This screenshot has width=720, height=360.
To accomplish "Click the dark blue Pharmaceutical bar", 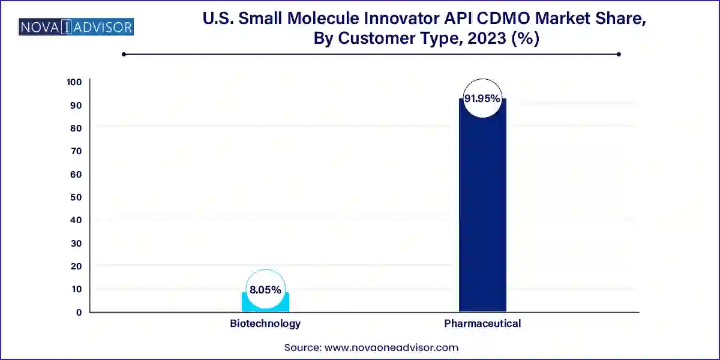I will (482, 210).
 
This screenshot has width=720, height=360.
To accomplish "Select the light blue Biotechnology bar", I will (265, 302).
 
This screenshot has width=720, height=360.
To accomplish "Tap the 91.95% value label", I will (482, 98).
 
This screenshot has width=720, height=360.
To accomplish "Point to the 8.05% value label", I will (265, 289).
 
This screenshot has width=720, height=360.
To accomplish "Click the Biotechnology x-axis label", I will (265, 323).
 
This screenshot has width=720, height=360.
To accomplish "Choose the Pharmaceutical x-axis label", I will (482, 323).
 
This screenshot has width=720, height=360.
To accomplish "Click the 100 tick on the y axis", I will (74, 82).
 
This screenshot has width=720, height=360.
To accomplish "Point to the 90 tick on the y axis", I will (76, 105).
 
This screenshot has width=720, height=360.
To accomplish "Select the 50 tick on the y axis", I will (76, 197).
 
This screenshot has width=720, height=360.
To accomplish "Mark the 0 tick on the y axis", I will (79, 312).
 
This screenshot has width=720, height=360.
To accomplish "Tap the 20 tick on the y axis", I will (76, 266).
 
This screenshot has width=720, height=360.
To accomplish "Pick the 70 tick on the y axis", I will (76, 151).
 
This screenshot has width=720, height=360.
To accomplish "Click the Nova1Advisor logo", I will (77, 27).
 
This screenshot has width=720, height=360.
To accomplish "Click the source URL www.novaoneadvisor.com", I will (391, 347).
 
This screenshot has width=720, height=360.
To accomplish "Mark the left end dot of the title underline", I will (124, 54).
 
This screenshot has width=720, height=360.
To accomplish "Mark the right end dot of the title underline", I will (619, 54).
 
